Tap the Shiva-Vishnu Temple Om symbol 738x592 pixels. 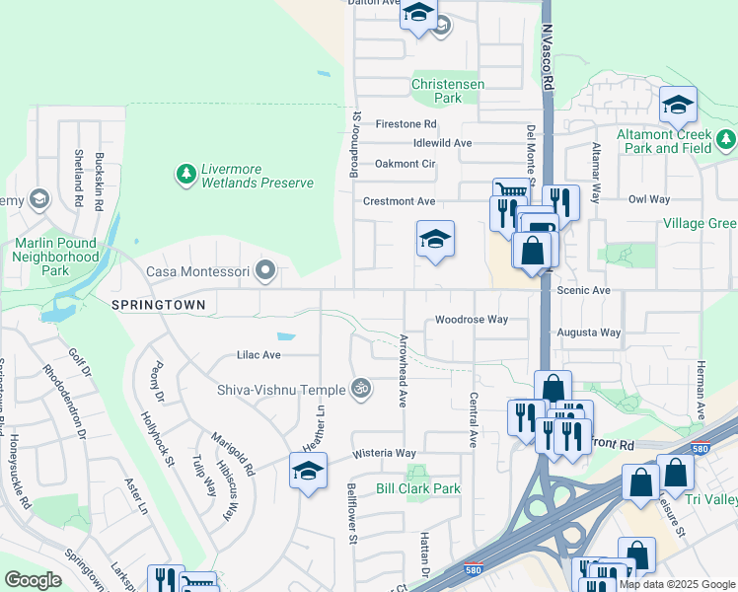(360, 389)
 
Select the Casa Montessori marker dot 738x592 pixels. (264, 269)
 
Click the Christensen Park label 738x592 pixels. (449, 92)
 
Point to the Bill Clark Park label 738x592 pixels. (418, 488)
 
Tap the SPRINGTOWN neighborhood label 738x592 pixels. (159, 306)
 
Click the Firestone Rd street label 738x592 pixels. (406, 124)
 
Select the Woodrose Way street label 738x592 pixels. (472, 320)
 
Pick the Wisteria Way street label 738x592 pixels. (385, 453)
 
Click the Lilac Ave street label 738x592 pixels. (258, 354)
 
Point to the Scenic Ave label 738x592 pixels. (584, 291)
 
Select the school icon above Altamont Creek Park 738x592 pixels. (678, 104)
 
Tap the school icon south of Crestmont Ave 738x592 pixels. (435, 238)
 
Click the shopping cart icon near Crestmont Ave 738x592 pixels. (510, 190)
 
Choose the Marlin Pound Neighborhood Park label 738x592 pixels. (56, 257)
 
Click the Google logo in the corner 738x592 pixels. (33, 580)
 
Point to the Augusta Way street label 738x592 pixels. (589, 333)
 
